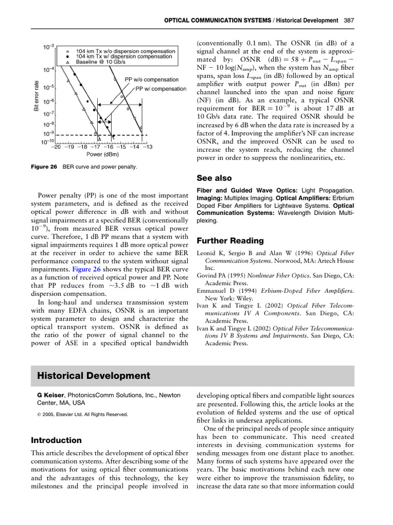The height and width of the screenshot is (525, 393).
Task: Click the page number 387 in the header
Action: coord(348,21)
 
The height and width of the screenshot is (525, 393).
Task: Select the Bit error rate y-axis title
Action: coord(36,95)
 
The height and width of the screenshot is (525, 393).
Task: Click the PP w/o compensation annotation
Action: coord(151,79)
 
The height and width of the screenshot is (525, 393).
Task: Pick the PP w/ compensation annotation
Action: coord(161,89)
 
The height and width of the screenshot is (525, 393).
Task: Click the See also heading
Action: coord(214,178)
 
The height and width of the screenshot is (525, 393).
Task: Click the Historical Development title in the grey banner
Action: coord(94,376)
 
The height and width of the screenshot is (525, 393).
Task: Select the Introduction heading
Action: coord(56,440)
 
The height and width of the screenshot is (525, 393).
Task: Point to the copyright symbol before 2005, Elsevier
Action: coord(33,414)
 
